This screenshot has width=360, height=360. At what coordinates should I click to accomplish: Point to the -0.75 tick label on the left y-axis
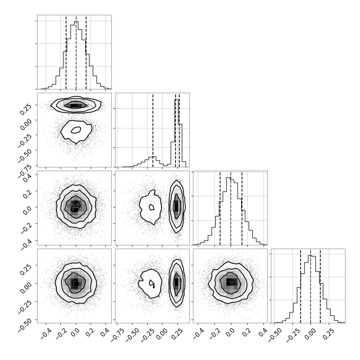[x=25, y=170]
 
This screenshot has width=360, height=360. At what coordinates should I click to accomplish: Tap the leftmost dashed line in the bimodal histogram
[x=153, y=130]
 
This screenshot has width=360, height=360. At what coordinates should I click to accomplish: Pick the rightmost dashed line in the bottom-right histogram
[x=320, y=286]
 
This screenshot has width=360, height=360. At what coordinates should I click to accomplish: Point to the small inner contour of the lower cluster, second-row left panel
[x=76, y=130]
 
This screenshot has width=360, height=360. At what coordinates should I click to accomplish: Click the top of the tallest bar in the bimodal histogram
[x=176, y=99]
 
